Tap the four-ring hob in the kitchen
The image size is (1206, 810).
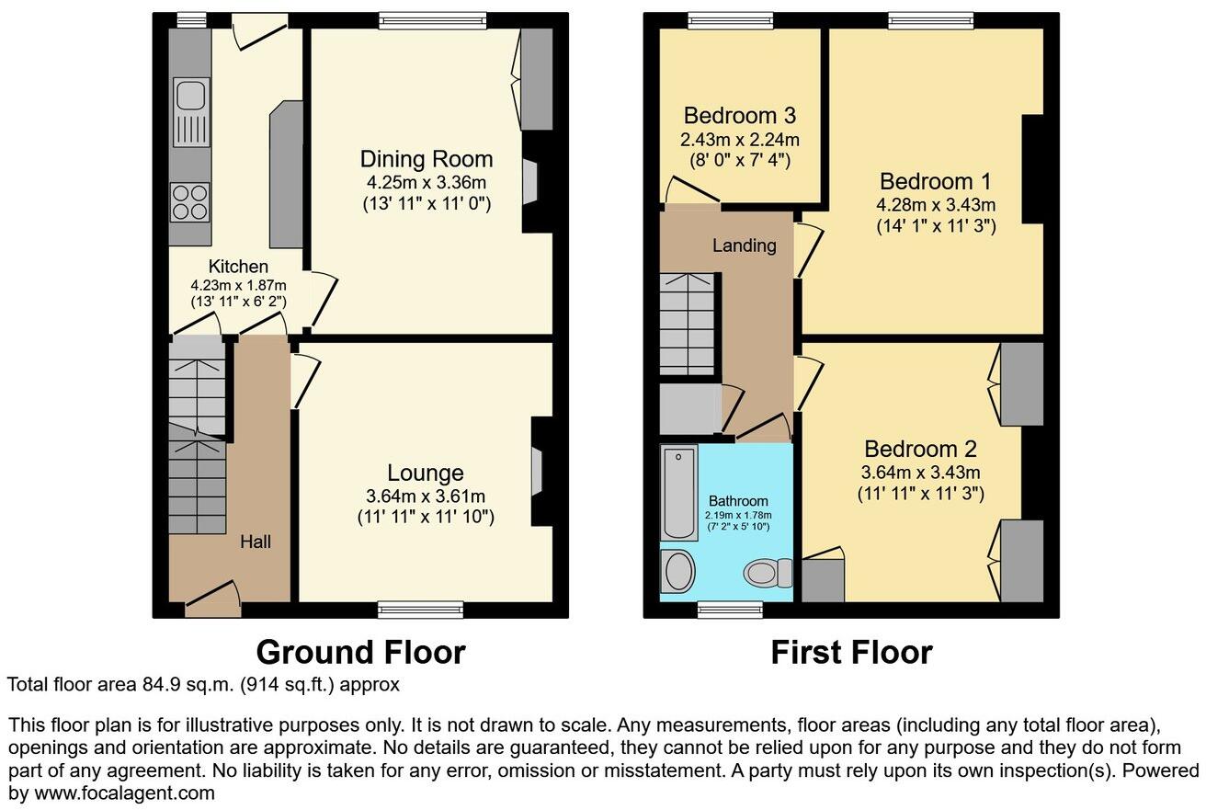(190, 202)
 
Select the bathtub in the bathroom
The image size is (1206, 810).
(679, 493)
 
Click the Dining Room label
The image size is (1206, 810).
(426, 158)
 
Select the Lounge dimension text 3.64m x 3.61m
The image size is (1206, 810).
(425, 496)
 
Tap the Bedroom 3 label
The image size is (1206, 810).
(739, 116)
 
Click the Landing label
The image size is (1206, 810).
(744, 245)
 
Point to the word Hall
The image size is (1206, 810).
(255, 542)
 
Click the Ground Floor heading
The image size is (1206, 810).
(360, 652)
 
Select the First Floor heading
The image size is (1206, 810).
(851, 652)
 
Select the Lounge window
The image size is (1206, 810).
(420, 608)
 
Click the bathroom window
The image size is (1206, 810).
(730, 608)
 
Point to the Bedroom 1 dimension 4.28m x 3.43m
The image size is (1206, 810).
(937, 203)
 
